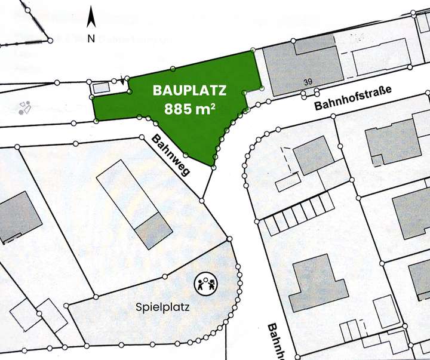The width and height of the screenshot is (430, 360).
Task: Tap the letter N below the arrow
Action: [91, 38]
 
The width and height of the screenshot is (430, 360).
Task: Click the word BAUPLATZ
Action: [189, 91]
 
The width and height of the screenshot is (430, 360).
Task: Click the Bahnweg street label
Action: [171, 155]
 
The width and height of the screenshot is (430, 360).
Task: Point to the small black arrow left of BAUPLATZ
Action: [123, 80]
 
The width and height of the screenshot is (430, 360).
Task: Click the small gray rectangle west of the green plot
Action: [102, 88]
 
